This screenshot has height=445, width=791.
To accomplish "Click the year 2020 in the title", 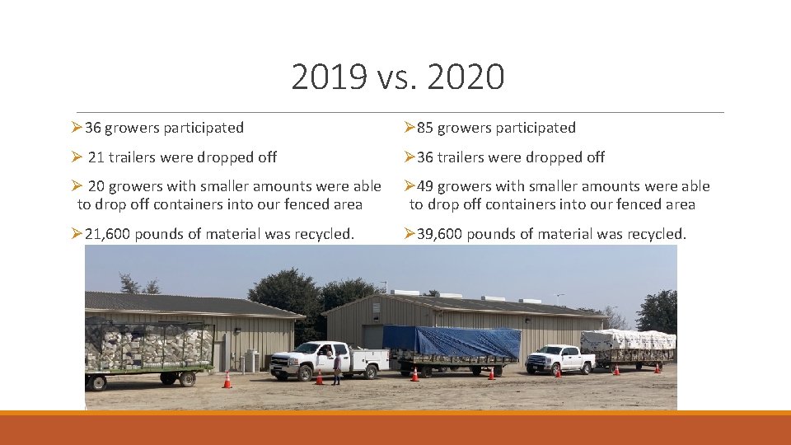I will [x=466, y=77].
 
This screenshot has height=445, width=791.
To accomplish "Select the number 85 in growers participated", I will [x=425, y=128].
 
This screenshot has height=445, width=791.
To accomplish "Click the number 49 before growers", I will [x=425, y=187].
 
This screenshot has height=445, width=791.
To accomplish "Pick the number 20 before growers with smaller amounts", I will [x=96, y=187].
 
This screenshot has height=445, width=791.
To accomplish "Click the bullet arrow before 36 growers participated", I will [x=77, y=128].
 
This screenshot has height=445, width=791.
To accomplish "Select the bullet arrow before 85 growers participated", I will [x=409, y=128].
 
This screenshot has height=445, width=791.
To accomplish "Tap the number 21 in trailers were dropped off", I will [x=96, y=157].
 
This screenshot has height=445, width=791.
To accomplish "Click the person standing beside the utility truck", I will [x=336, y=368].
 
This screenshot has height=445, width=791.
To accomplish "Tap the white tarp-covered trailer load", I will [x=628, y=340].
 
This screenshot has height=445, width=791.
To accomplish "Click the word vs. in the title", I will [x=399, y=77].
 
